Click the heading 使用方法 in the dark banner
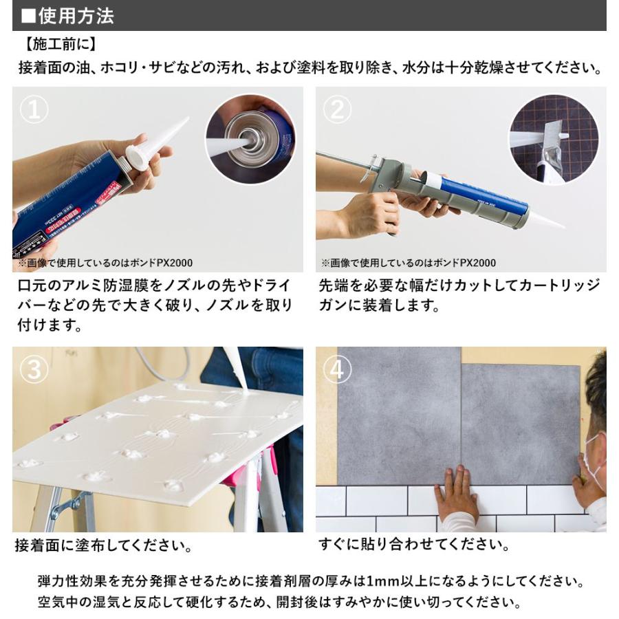[76, 16]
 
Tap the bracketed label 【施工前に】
[59, 46]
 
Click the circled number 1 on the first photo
[33, 109]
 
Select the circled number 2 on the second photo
[337, 109]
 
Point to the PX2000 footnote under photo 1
[104, 263]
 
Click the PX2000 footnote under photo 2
[408, 263]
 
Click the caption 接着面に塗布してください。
[103, 547]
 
